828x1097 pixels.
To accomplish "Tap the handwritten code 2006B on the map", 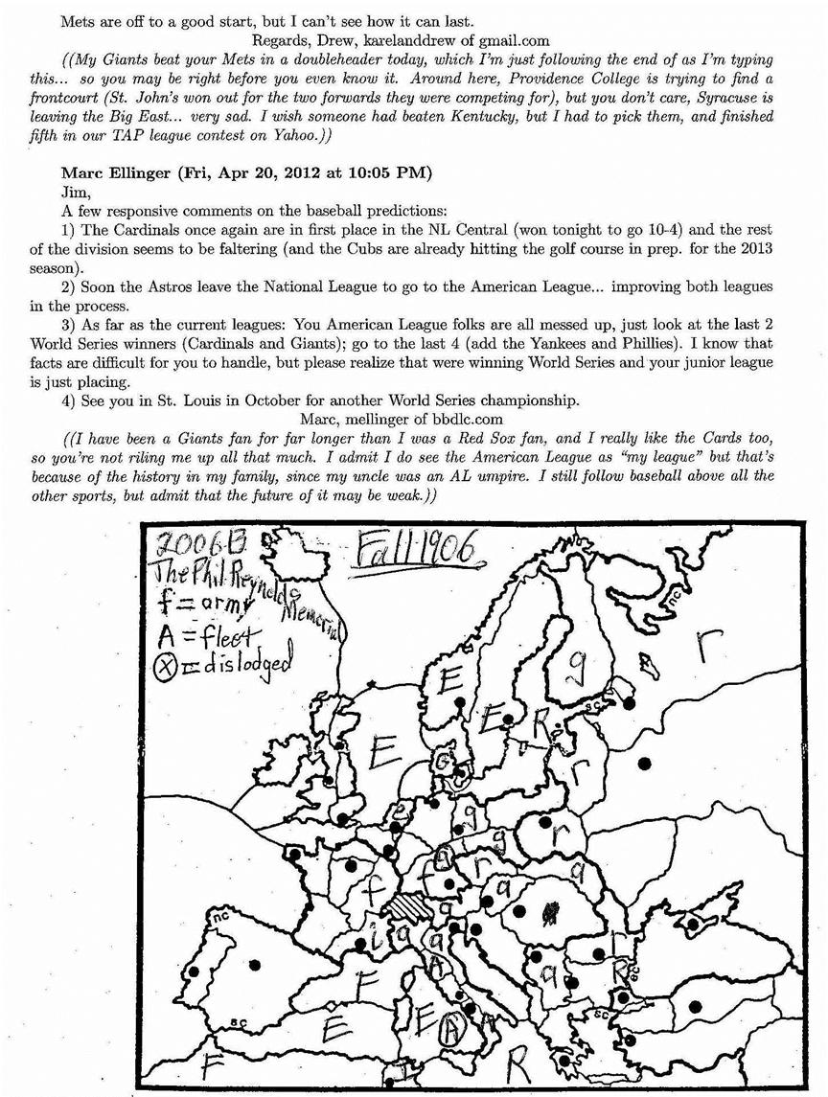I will click(x=191, y=548).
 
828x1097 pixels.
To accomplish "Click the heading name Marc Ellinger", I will click(x=118, y=172).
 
